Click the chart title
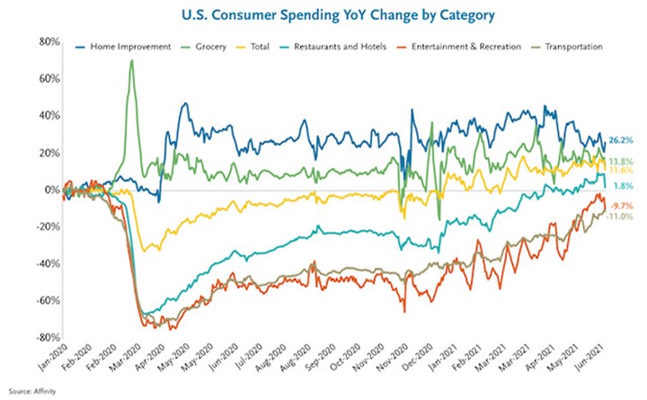pos(324,15)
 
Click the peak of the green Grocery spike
pos(132,61)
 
